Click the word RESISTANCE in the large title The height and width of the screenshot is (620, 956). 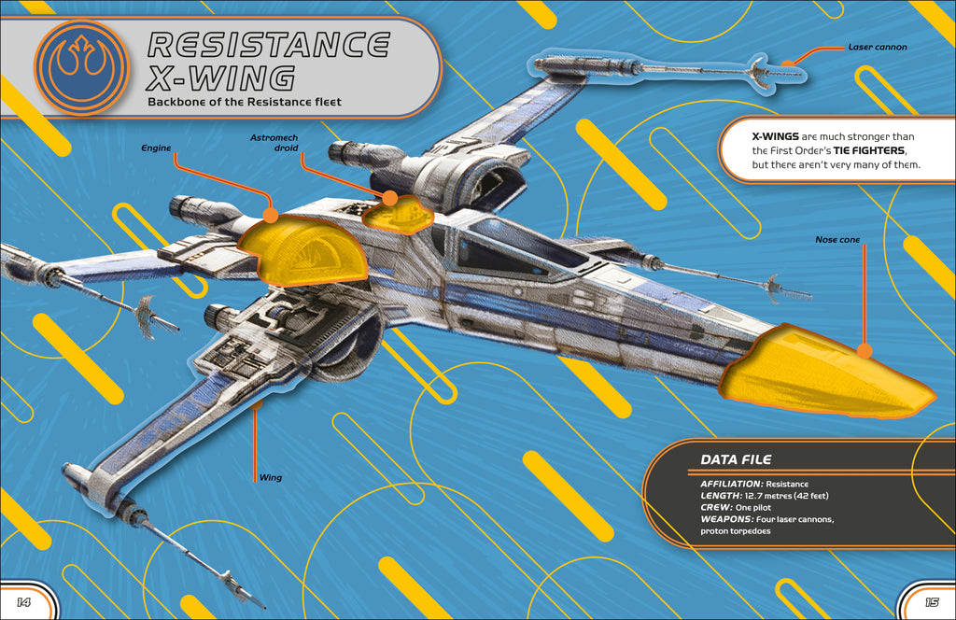click(x=270, y=45)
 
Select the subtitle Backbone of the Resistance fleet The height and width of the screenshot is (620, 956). click(x=245, y=102)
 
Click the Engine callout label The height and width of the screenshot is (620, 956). click(x=154, y=148)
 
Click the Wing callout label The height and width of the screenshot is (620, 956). click(x=270, y=477)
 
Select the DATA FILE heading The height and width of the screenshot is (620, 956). click(x=737, y=459)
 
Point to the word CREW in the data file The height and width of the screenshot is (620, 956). click(x=715, y=506)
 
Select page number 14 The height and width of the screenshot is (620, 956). click(x=23, y=601)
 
